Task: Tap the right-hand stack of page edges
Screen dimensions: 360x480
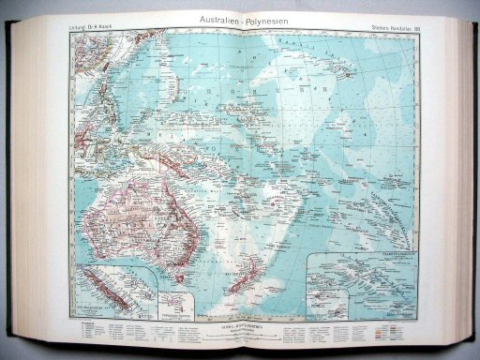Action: (x=459, y=178)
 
